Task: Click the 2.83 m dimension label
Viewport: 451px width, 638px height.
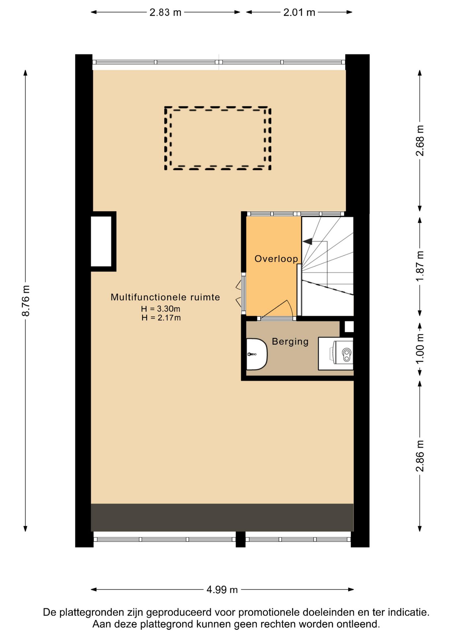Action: coord(165,12)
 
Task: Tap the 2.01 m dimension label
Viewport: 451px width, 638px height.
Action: coord(299,12)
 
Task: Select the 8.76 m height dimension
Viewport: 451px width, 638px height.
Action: coord(26,300)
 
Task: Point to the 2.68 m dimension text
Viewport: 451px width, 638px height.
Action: coord(420,141)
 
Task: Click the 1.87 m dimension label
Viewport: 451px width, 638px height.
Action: coord(420,266)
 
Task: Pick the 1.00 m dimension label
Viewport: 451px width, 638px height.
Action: coord(420,349)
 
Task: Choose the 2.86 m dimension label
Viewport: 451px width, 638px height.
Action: coord(420,456)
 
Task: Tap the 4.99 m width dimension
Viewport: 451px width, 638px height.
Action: coord(222,589)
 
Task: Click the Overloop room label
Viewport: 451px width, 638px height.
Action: coord(276,259)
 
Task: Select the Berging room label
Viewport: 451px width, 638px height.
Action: coord(290,342)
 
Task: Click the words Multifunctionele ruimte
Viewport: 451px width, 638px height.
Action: coord(165,297)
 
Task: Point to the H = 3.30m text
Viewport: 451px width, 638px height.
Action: coord(161,309)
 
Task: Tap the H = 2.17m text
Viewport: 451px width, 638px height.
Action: coord(161,318)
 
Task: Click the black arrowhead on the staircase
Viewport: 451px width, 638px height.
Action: coord(308,241)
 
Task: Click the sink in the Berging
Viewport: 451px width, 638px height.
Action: coord(257,354)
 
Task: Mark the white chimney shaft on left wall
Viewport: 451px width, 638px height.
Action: coord(101,241)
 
